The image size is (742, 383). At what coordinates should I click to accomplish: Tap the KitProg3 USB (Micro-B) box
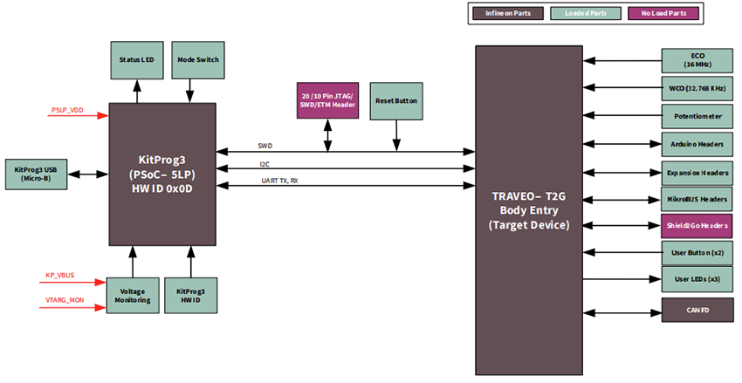tap(38, 173)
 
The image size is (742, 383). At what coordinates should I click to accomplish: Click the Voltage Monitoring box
tap(133, 295)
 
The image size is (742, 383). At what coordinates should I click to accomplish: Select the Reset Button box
tap(397, 100)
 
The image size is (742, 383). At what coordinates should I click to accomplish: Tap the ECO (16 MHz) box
tap(697, 60)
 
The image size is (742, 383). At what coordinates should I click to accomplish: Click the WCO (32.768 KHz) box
tap(697, 88)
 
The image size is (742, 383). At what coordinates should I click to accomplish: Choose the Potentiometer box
tap(697, 115)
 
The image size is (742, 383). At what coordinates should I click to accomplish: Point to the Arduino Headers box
tap(697, 143)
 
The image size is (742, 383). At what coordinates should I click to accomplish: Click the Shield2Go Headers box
tap(697, 225)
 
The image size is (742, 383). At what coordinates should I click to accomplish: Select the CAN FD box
tap(697, 310)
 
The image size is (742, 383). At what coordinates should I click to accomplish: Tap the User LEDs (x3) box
tap(697, 279)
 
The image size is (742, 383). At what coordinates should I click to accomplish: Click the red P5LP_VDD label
tap(68, 111)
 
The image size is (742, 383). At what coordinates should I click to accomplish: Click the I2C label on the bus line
tap(264, 163)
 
